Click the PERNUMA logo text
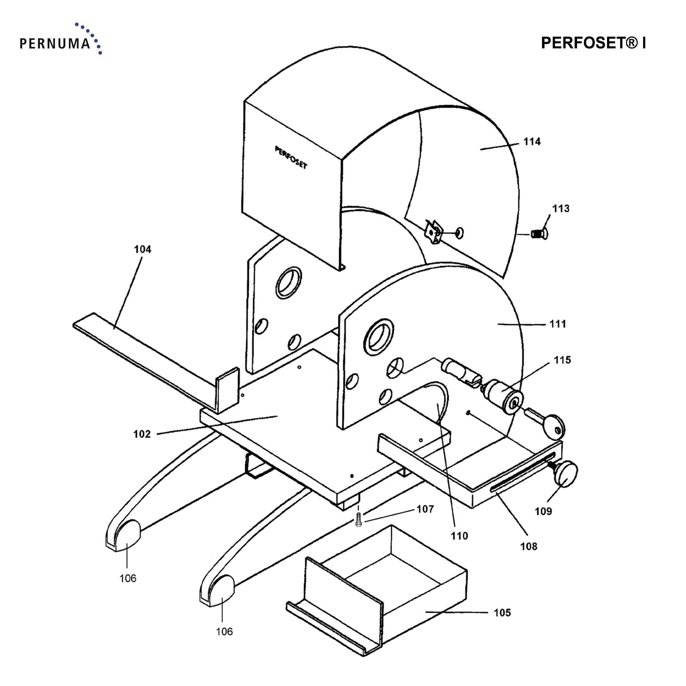click(55, 44)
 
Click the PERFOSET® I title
click(593, 43)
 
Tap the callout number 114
click(532, 142)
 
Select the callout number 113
click(561, 209)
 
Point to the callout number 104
click(143, 249)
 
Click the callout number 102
click(142, 434)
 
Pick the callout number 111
click(558, 324)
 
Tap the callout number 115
click(562, 360)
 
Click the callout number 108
click(529, 546)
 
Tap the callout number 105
click(502, 613)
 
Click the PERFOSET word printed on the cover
click(291, 158)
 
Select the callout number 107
click(425, 509)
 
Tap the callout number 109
click(543, 511)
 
